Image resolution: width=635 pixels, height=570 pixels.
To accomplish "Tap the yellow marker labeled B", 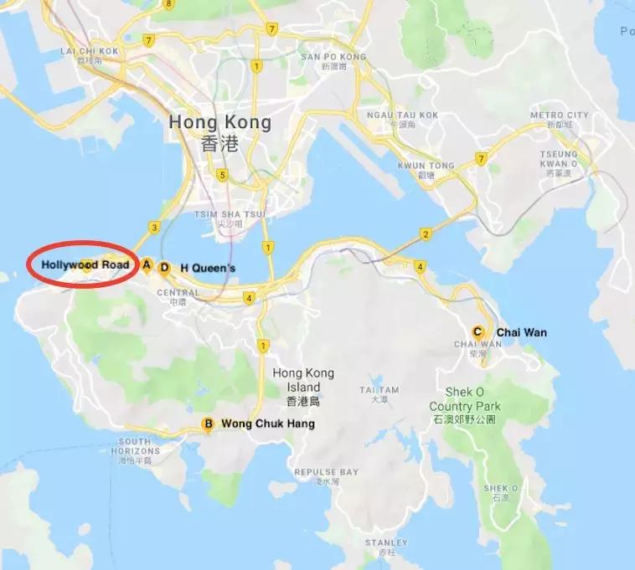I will click(209, 424).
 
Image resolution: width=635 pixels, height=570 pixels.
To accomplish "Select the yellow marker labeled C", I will click(478, 332).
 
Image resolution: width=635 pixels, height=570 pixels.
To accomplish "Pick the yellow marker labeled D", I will click(165, 268).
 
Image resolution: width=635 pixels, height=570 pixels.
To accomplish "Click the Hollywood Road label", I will click(85, 264).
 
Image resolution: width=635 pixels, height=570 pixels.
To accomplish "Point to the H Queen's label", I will click(208, 268).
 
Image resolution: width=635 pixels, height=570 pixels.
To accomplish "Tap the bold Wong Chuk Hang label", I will click(268, 424).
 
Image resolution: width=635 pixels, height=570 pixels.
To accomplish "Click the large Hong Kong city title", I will click(219, 122).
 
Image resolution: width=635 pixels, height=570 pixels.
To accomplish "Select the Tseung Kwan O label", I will click(559, 159).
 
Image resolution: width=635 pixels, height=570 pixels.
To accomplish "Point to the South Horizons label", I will click(135, 446).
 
